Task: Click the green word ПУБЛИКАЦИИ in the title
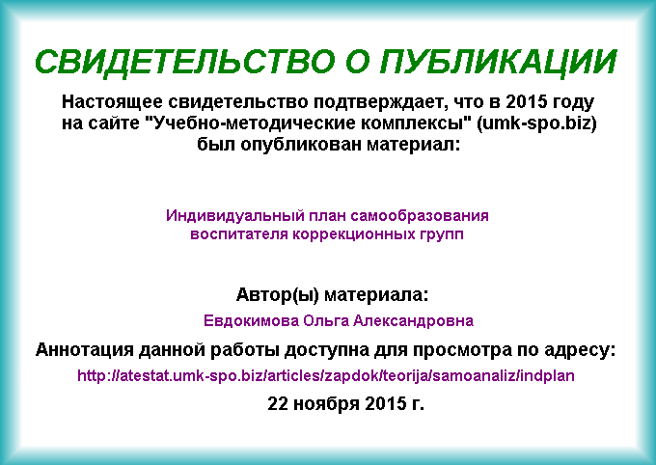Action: point(499,62)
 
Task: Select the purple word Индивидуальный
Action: point(234,216)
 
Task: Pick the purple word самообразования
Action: point(420,216)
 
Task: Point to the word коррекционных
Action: point(354,234)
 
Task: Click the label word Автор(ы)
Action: point(278,295)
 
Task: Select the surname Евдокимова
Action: point(251,321)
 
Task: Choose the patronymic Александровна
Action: point(413,321)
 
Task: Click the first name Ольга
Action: point(326,321)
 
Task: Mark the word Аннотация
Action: point(85,349)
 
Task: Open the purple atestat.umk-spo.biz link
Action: point(326,376)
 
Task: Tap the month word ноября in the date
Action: point(326,404)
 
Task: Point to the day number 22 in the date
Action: point(278,403)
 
